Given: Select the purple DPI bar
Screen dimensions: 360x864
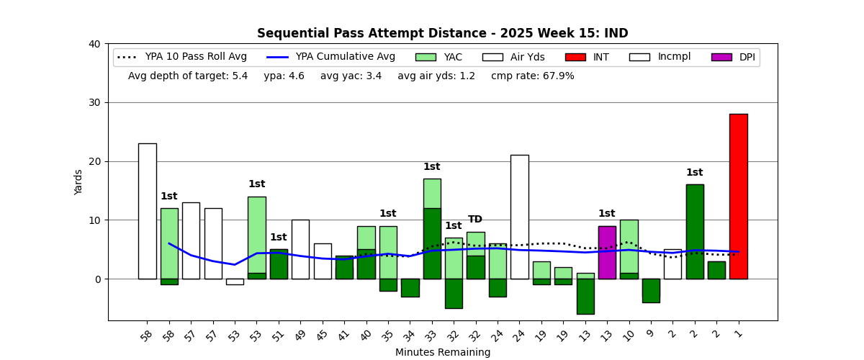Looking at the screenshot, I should (x=607, y=252).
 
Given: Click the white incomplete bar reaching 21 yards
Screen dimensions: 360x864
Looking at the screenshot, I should (x=519, y=217).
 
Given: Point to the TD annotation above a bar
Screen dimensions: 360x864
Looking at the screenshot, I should (x=475, y=220).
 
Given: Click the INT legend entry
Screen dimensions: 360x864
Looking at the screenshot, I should (x=587, y=57).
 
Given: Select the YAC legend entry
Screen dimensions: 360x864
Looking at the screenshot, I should (x=438, y=57).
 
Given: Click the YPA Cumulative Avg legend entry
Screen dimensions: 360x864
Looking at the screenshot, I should (x=331, y=57).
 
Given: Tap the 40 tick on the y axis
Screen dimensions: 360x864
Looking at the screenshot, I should (x=94, y=44).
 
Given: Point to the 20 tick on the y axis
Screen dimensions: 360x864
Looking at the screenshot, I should (x=94, y=161).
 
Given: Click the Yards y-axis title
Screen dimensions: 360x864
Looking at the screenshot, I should (x=78, y=182).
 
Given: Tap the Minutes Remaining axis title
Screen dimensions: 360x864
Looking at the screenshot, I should (x=443, y=353).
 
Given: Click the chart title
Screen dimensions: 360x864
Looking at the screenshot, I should (x=443, y=34).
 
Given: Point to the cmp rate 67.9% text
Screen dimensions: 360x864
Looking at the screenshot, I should (x=533, y=76).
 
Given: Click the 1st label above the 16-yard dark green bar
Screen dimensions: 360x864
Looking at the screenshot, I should (x=694, y=173).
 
